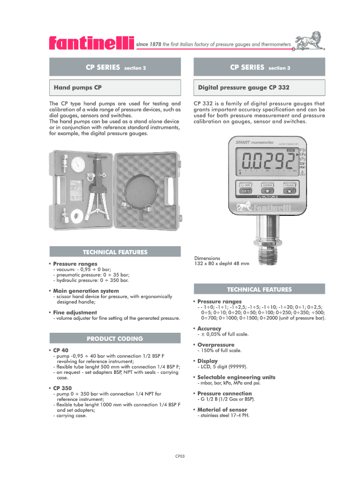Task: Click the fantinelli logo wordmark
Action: [91, 43]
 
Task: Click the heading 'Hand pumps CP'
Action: [78, 87]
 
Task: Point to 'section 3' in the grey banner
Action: [279, 68]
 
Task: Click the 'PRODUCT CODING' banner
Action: [115, 339]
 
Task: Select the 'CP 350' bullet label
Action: [62, 388]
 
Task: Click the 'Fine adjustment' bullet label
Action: [75, 313]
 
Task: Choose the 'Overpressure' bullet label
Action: [216, 345]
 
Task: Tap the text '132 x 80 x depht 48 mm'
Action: [222, 264]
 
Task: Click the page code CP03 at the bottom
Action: [180, 457]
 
